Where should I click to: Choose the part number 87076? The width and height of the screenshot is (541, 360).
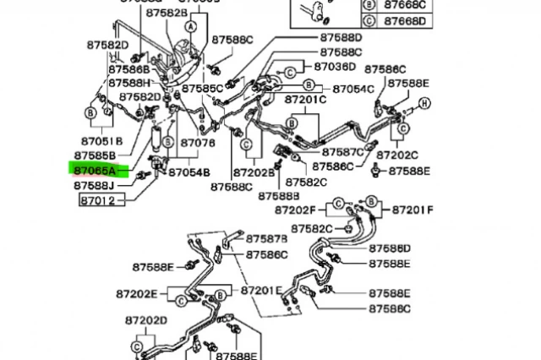click(198, 143)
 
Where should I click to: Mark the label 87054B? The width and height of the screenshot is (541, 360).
click(189, 172)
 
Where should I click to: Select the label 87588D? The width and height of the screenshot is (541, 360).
click(340, 38)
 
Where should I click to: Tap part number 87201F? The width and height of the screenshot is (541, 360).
click(411, 210)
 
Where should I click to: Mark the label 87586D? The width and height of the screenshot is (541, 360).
click(389, 248)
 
